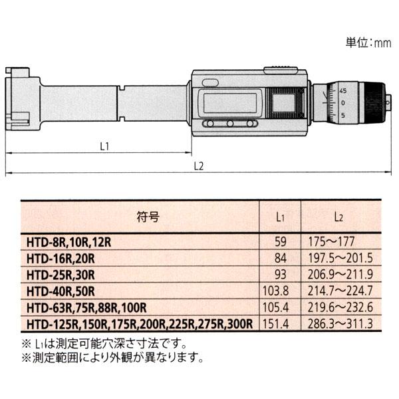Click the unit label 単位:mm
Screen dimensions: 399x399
368,43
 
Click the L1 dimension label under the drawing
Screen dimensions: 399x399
104,146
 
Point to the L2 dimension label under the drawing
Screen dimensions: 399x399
199,166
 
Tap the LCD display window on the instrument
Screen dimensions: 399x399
230,102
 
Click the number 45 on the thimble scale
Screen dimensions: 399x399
342,91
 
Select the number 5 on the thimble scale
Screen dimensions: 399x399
343,115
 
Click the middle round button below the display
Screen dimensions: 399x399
230,124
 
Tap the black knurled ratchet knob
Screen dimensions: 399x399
374,103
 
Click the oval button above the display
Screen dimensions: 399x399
210,82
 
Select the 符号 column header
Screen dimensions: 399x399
148,217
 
